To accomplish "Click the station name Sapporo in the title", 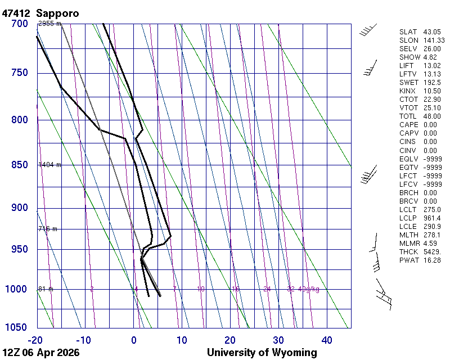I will coord(57,13).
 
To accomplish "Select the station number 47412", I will coord(17,13).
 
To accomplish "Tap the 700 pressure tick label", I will coord(20,24).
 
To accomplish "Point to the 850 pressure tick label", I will coord(20,165).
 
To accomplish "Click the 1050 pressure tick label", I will coord(17,327).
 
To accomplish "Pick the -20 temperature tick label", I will coord(36,340).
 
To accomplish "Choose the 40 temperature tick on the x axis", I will coord(326,340).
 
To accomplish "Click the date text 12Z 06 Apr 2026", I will coord(40,353).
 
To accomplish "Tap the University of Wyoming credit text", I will coord(262,353).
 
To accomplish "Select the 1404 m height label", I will coord(49,165).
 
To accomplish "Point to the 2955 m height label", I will coord(49,24).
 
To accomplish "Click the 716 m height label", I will coord(47,229).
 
